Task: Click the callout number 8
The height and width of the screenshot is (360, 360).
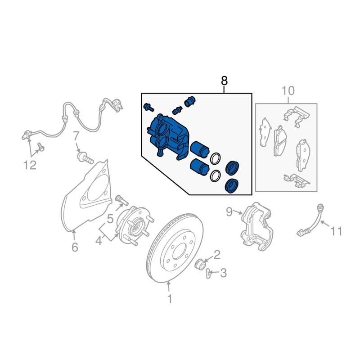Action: pos(224,81)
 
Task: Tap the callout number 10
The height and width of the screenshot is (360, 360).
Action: pos(288,91)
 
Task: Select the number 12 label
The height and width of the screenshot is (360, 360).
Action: pos(30,165)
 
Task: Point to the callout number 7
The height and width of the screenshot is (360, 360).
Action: pos(76,136)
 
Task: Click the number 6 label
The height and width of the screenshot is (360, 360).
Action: pos(75,247)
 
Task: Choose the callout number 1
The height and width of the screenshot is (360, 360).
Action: pos(170,299)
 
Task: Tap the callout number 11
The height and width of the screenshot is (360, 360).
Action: pos(336,231)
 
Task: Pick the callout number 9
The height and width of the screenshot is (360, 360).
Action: pos(229,211)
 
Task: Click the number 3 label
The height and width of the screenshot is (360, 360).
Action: pos(223,273)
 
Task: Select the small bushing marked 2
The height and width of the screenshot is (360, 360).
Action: pos(200,265)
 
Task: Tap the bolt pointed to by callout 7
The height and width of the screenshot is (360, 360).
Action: pos(85,158)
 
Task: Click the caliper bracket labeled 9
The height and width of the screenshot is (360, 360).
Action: pos(257,226)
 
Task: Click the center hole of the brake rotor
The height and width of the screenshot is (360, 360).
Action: pos(179,251)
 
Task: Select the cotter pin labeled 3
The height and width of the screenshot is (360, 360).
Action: pos(208,273)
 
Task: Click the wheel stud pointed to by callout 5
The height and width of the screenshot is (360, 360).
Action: pos(121,200)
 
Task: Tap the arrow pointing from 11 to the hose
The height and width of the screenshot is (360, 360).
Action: pos(325,224)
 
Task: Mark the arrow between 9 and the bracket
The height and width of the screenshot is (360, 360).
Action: pos(238,213)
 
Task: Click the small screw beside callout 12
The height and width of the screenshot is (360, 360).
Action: pos(41,147)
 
